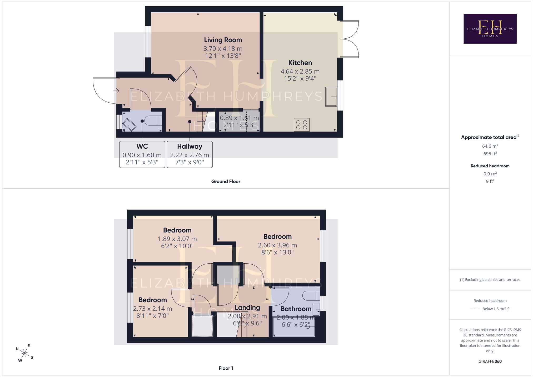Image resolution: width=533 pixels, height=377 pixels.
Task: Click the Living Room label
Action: tap(223, 40)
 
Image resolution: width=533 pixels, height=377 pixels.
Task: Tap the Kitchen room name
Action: tap(300, 63)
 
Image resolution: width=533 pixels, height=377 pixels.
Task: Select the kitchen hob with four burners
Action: tap(302, 125)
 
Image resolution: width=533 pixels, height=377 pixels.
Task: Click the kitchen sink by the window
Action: tap(331, 97)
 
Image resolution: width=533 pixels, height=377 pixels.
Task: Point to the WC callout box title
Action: tap(142, 146)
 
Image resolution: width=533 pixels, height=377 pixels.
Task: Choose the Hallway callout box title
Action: tap(190, 146)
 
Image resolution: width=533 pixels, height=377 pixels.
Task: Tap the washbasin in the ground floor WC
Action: tap(129, 125)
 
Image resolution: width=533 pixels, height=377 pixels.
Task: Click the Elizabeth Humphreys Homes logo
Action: tap(490, 29)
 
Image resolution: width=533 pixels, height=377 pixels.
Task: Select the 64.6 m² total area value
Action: tap(490, 146)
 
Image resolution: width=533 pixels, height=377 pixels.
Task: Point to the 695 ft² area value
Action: tap(490, 154)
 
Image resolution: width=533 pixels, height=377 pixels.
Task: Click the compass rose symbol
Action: tap(24, 353)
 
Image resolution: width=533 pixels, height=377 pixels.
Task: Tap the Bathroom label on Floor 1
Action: tap(296, 309)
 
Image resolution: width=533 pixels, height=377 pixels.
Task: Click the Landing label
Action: tap(247, 308)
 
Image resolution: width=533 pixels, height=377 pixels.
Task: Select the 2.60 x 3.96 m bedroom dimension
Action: tap(277, 245)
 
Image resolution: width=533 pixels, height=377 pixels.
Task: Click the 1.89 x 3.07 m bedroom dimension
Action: tap(177, 239)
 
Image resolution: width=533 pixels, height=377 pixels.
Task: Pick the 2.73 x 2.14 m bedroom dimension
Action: tap(153, 309)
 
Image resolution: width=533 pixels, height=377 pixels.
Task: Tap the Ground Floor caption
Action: tap(226, 182)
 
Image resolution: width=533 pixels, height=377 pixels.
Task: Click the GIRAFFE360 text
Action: tap(490, 361)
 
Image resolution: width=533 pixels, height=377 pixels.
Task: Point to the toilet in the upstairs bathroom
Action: tap(311, 296)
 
